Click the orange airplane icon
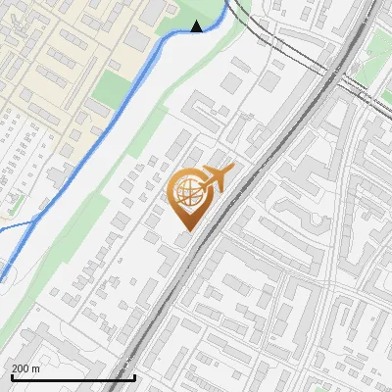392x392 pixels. pos(219,177)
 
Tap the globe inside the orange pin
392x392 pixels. pos(186,192)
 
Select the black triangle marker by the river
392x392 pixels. pos(197,26)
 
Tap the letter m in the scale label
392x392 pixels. pos(36,368)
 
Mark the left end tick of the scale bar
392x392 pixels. pos(11,376)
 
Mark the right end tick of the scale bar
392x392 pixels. pos(134,376)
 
